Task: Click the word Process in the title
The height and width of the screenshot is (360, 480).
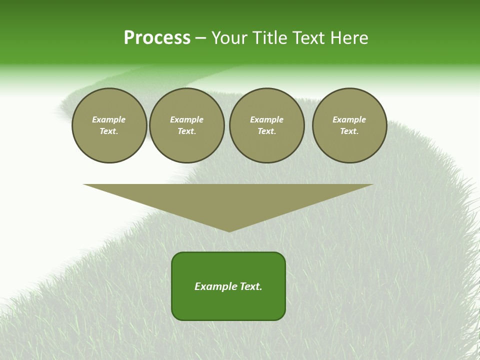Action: pyautogui.click(x=157, y=38)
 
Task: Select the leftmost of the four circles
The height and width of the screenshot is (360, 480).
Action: pyautogui.click(x=109, y=125)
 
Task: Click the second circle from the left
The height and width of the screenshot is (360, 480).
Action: pyautogui.click(x=186, y=125)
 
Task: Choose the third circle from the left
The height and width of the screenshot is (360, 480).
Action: pyautogui.click(x=266, y=125)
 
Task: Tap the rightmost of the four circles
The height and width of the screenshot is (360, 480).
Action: pyautogui.click(x=349, y=125)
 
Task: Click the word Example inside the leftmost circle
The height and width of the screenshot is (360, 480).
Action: pyautogui.click(x=109, y=120)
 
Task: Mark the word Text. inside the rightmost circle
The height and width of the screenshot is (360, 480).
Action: pyautogui.click(x=349, y=131)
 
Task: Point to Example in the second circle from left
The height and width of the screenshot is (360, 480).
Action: pyautogui.click(x=186, y=120)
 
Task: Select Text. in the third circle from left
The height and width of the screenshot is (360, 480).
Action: pyautogui.click(x=266, y=131)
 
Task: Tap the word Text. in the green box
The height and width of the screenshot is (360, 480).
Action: pyautogui.click(x=251, y=286)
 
